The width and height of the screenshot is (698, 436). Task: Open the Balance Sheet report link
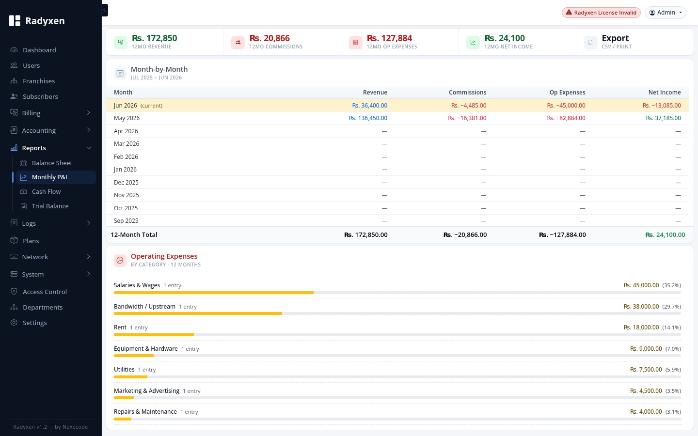[x=52, y=163]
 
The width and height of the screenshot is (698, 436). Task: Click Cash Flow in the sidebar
[x=46, y=191]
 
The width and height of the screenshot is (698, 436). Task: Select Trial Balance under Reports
[x=50, y=206]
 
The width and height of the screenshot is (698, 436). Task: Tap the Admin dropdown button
[x=666, y=13]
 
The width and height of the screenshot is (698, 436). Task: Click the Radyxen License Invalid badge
[x=601, y=13]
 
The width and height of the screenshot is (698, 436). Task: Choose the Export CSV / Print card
[x=635, y=42]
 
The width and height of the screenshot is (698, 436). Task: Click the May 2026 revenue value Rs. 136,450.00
[x=368, y=118]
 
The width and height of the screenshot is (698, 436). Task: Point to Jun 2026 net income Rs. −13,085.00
[x=662, y=106]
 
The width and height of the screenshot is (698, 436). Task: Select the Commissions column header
[x=467, y=93]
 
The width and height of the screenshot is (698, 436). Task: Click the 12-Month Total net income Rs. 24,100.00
[x=665, y=235]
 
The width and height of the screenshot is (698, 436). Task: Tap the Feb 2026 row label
[x=126, y=156]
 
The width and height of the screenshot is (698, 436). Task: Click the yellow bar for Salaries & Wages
[x=214, y=293]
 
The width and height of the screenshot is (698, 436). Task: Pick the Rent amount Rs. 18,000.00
[x=641, y=327]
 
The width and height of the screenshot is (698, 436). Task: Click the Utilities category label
[x=124, y=370]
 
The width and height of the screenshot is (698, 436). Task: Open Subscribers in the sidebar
[x=40, y=96]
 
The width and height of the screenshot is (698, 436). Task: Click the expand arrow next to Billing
[x=89, y=113]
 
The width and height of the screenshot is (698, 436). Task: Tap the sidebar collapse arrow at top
[x=105, y=10]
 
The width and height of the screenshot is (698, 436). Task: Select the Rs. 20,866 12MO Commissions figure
[x=270, y=38]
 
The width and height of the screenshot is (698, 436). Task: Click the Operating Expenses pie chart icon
[x=120, y=260]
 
